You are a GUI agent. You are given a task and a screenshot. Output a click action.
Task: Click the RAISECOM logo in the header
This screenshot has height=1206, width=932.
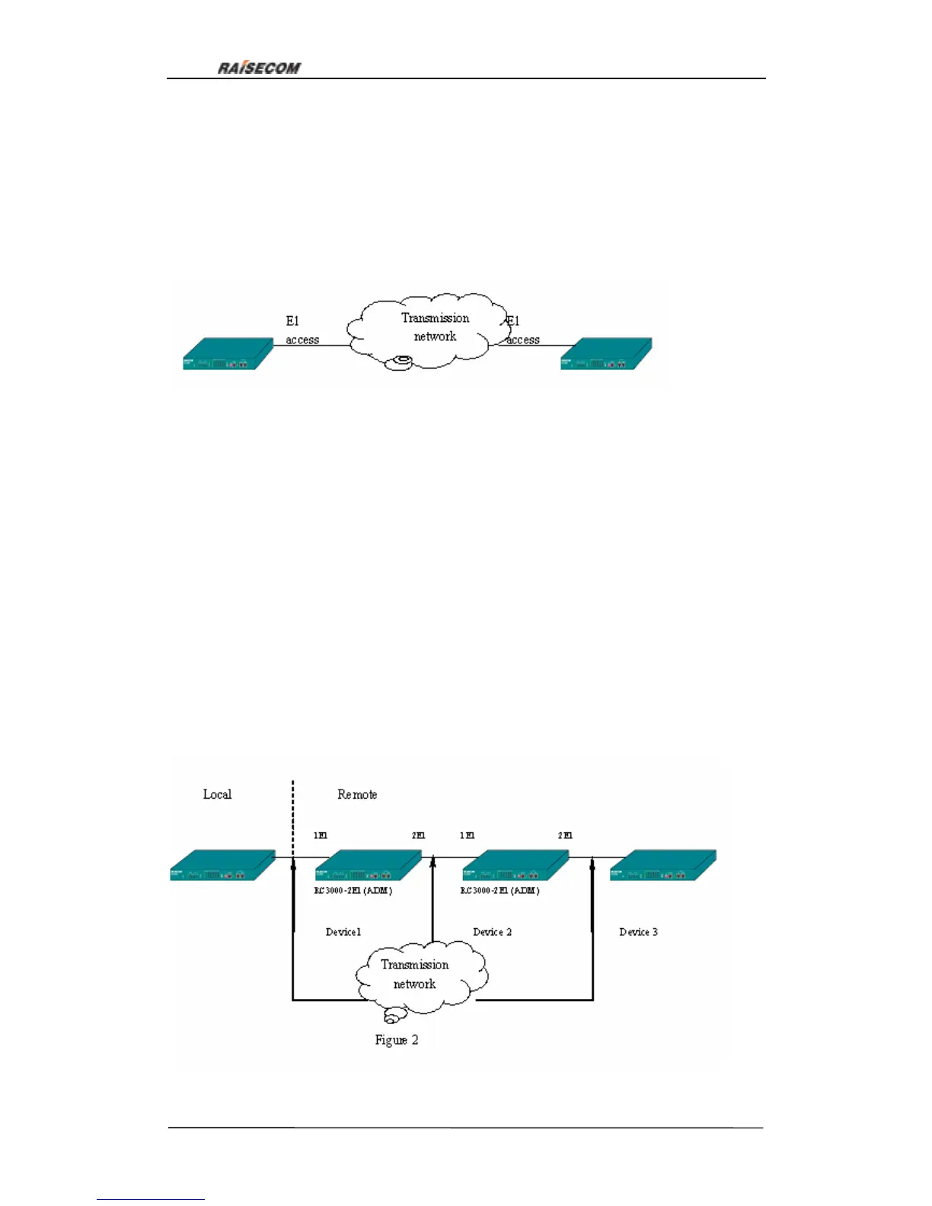pyautogui.click(x=259, y=68)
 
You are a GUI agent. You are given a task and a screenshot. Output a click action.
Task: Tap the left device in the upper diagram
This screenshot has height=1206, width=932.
pyautogui.click(x=228, y=355)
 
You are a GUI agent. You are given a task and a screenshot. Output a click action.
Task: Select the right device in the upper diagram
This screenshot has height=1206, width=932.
pyautogui.click(x=606, y=355)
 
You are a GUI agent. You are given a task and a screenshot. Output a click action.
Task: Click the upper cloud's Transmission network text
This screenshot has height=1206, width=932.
pyautogui.click(x=435, y=327)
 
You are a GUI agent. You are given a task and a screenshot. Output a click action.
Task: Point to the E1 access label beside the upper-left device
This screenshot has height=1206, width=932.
pyautogui.click(x=302, y=330)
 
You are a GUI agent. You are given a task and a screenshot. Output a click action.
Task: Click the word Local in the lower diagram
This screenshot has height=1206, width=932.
pyautogui.click(x=217, y=794)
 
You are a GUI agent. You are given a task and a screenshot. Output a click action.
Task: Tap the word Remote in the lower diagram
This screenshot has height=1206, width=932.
pyautogui.click(x=357, y=794)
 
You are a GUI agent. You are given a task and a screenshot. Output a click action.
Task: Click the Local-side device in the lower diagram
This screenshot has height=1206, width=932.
pyautogui.click(x=222, y=866)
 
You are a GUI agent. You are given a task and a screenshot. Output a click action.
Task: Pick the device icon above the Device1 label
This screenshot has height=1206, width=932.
pyautogui.click(x=368, y=866)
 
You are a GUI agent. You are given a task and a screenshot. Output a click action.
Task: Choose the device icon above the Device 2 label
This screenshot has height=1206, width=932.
pyautogui.click(x=515, y=866)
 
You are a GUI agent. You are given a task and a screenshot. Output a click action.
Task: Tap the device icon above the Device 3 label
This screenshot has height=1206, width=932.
pyautogui.click(x=662, y=866)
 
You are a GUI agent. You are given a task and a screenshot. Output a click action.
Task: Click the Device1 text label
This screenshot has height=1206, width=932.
pyautogui.click(x=343, y=932)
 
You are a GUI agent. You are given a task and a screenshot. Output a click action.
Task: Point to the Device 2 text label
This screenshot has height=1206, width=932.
pyautogui.click(x=492, y=932)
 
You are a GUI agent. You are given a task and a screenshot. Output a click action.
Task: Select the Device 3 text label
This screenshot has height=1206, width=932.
pyautogui.click(x=638, y=932)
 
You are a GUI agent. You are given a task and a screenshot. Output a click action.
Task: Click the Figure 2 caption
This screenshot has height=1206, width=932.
pyautogui.click(x=396, y=1040)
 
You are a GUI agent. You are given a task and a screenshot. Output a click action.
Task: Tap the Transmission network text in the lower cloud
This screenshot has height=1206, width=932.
pyautogui.click(x=414, y=974)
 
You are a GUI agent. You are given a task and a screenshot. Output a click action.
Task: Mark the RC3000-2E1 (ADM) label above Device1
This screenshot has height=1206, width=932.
pyautogui.click(x=353, y=890)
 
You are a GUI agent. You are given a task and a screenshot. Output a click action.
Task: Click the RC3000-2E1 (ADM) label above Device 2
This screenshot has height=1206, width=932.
pyautogui.click(x=500, y=890)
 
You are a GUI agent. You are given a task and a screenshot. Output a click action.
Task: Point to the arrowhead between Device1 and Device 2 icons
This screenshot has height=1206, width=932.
pyautogui.click(x=432, y=860)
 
